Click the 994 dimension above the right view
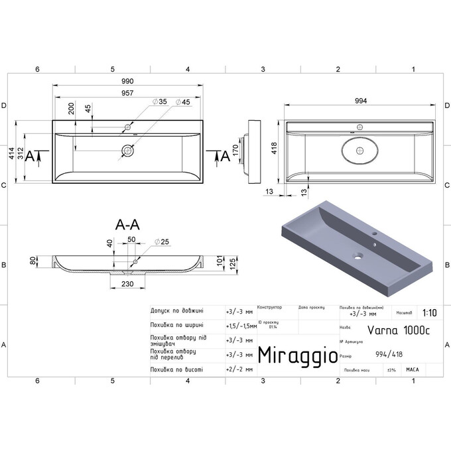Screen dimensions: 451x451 361,101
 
